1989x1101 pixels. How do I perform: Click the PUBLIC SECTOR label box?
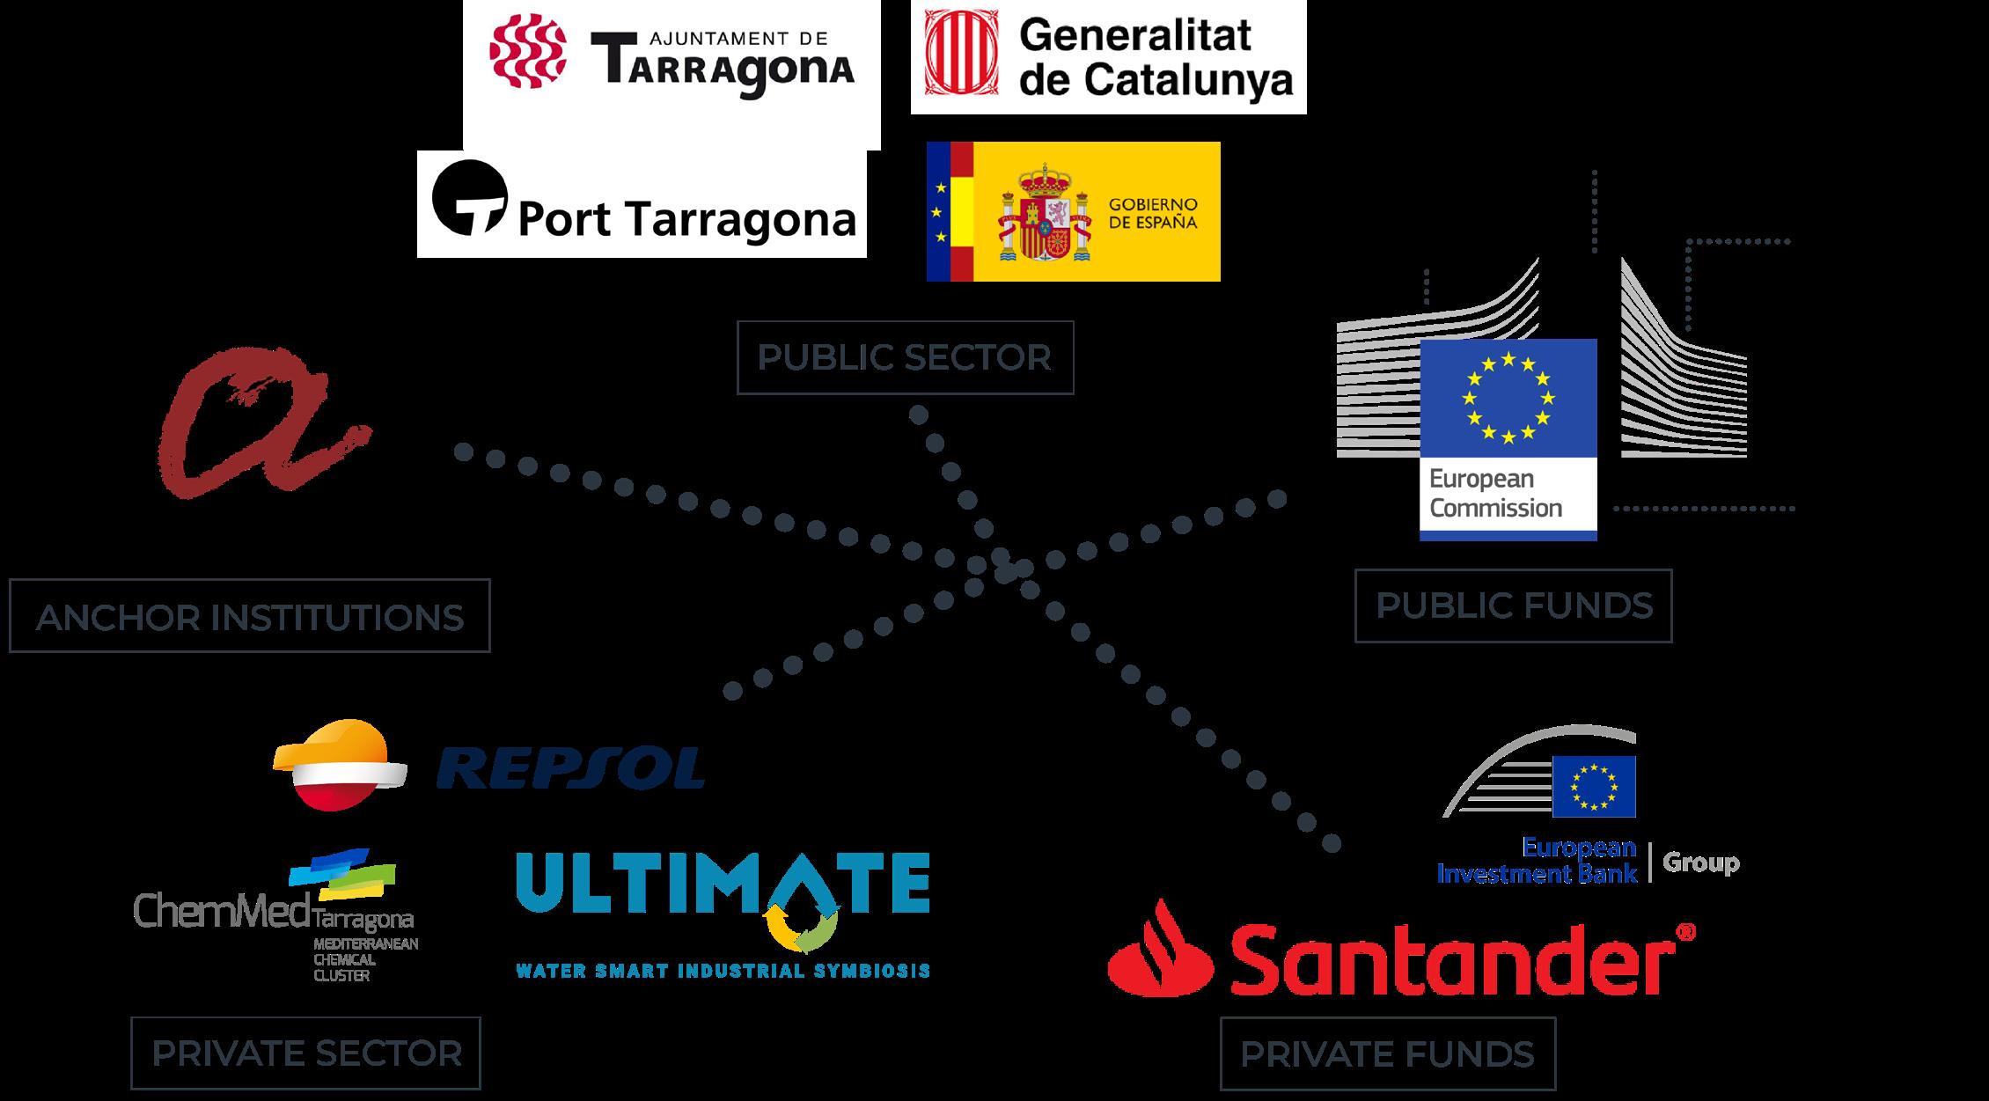point(905,357)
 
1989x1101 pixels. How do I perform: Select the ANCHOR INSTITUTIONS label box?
point(249,616)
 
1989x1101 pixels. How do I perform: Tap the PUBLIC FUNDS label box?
point(1513,606)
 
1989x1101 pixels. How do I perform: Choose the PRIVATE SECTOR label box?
point(305,1053)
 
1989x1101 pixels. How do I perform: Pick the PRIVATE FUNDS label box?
point(1387,1053)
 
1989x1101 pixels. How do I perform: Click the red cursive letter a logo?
point(261,422)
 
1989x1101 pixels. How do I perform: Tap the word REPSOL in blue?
point(570,767)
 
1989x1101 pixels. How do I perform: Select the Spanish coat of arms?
point(1044,212)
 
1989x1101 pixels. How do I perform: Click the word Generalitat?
point(1134,36)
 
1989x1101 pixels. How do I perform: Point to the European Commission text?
point(1495,494)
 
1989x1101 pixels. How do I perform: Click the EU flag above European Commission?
point(1508,398)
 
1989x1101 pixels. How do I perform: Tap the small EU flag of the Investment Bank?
point(1594,786)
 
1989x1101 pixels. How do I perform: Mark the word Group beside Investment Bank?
point(1700,862)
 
